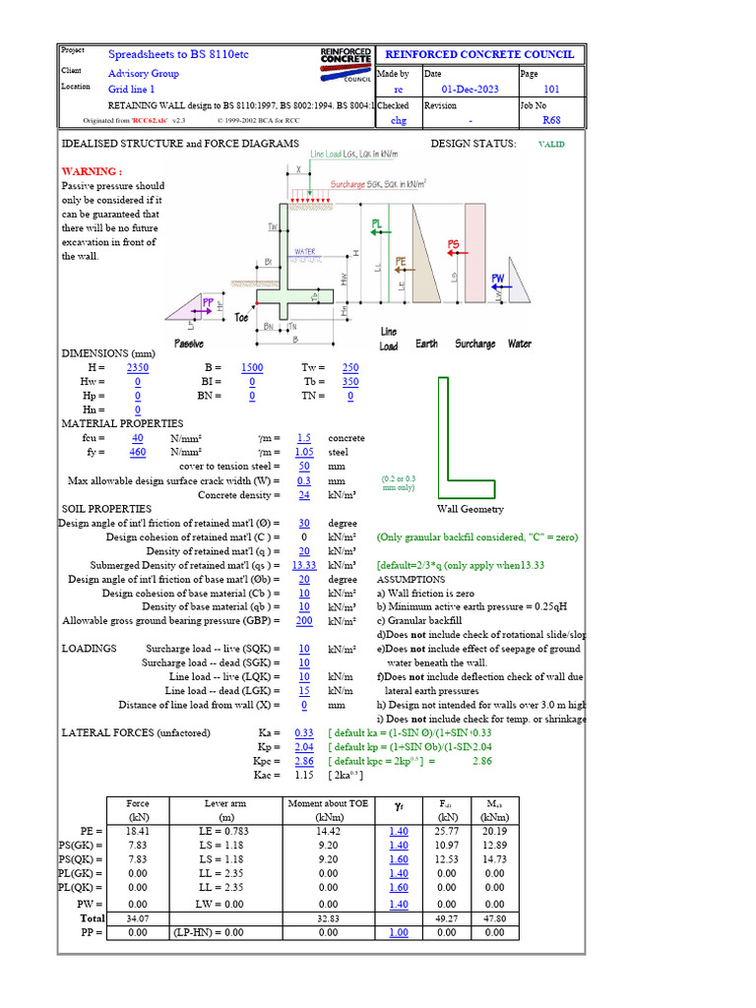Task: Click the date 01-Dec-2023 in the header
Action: coord(471,90)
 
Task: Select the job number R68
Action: coord(551,121)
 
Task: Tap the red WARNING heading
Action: coord(93,170)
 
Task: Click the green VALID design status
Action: coord(551,144)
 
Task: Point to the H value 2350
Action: coord(138,368)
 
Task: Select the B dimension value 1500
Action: coord(252,368)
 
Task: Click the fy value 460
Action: coord(138,452)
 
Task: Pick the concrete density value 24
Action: coord(304,495)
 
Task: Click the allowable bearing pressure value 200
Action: coord(304,621)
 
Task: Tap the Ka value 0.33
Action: coord(304,733)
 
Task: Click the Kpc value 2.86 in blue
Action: coord(304,762)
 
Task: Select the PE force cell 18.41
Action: coord(138,833)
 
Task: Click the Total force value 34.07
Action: coord(138,917)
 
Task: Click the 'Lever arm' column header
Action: coord(224,804)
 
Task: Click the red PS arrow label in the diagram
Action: coord(454,243)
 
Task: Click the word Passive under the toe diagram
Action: coord(189,344)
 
